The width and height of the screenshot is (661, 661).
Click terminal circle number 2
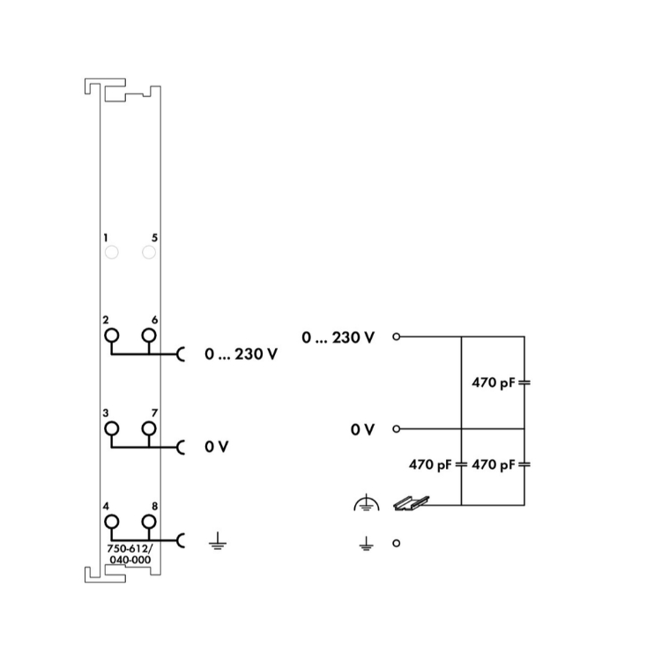pyautogui.click(x=111, y=336)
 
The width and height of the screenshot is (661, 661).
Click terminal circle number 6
pyautogui.click(x=149, y=336)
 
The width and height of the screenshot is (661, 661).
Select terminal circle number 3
pyautogui.click(x=111, y=428)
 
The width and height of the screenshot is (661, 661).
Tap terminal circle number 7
pyautogui.click(x=149, y=428)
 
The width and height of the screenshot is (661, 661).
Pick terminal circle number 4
pyautogui.click(x=111, y=522)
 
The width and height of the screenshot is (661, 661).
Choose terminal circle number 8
pyautogui.click(x=149, y=522)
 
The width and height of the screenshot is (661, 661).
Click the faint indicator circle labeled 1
pyautogui.click(x=111, y=253)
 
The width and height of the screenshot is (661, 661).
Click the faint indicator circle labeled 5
pyautogui.click(x=149, y=253)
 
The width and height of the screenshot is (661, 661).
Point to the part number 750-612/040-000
pyautogui.click(x=130, y=554)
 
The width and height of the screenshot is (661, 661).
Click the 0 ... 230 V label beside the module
pyautogui.click(x=241, y=354)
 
